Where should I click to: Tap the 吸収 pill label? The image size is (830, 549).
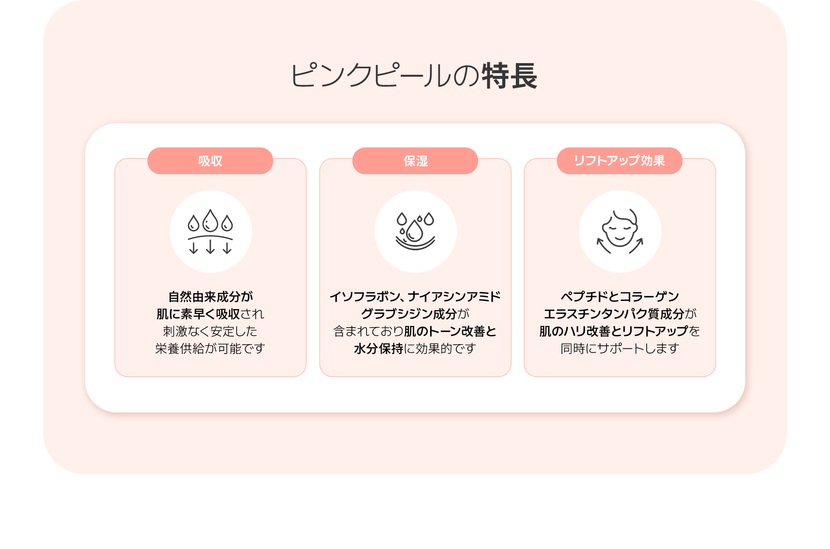210,161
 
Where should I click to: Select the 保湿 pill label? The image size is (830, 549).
415,161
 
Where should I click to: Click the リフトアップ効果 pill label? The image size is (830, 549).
619,161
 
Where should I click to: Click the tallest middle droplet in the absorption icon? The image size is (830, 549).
211,221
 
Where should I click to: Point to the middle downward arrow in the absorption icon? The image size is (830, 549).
211,247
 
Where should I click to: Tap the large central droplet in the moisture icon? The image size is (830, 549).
415,231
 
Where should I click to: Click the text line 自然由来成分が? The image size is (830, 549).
211,297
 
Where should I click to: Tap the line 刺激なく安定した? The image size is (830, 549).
211,331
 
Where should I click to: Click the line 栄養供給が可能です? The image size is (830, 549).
211,348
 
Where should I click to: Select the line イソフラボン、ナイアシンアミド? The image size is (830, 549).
415,297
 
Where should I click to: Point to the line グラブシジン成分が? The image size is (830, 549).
415,314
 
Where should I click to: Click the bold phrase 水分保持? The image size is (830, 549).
378,348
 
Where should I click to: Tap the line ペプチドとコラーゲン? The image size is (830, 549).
619,297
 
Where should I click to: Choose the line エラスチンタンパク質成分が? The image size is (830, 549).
619,314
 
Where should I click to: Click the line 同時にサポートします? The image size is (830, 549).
619,348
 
